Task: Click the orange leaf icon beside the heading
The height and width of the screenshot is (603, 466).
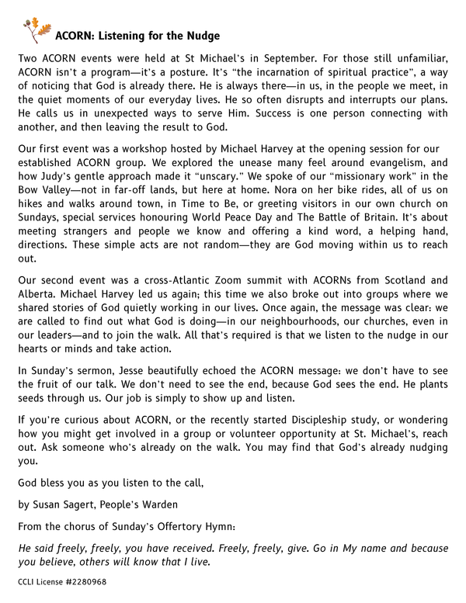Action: (41, 30)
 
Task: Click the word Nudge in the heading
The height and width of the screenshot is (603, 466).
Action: (202, 36)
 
